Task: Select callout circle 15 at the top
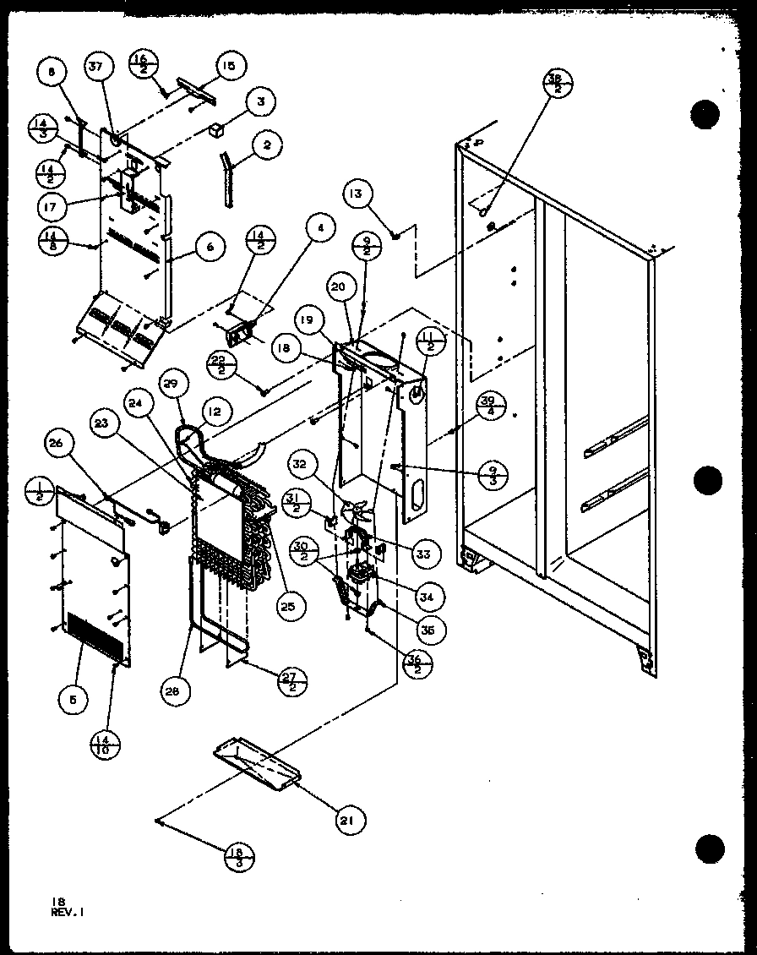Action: (x=229, y=64)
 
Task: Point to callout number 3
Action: (x=260, y=102)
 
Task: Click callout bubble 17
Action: (x=53, y=205)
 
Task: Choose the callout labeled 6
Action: (x=207, y=248)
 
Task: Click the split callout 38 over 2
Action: (x=556, y=84)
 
